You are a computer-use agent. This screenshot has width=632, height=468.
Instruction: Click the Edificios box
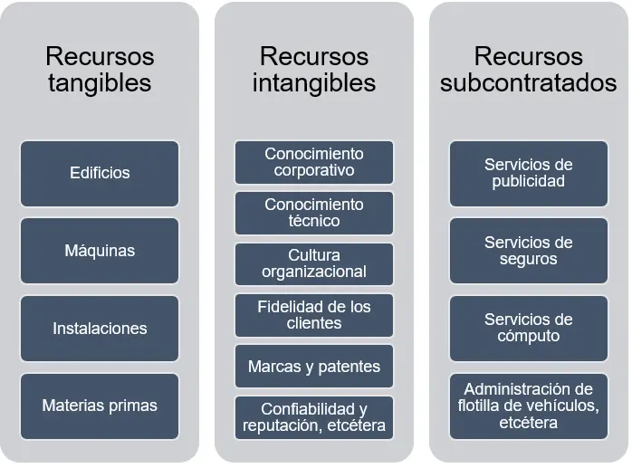point(100,172)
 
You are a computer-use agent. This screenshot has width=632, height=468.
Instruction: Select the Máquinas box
point(100,250)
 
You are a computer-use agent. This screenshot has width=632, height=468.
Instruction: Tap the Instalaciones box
point(100,328)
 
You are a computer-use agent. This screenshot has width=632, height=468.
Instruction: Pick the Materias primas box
point(100,406)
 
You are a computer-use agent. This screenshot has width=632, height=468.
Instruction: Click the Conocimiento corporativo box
point(314,162)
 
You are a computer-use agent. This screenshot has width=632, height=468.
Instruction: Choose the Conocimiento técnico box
point(314,213)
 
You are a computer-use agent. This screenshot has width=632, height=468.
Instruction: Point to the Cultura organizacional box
point(314,263)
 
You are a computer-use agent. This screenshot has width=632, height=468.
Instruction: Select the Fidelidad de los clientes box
point(314,315)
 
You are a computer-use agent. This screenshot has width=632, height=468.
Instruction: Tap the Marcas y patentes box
point(314,367)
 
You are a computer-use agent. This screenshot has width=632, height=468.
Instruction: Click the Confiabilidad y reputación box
point(314,417)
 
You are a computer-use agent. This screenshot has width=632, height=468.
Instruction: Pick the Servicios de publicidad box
point(529,172)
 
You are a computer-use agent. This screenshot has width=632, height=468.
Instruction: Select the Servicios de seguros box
point(529,250)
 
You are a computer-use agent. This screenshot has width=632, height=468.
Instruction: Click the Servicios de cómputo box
point(529,328)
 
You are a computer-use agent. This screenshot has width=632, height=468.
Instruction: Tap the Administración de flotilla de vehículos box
point(529,406)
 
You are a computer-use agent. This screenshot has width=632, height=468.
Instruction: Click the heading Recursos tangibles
point(100,70)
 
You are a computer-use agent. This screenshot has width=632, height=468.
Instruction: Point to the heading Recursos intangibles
point(314,70)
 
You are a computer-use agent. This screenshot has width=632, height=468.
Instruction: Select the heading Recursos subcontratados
point(529,70)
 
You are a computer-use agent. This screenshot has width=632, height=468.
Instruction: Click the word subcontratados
point(529,83)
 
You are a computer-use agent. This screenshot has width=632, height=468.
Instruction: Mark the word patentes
point(347,367)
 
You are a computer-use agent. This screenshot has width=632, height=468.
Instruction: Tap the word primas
point(133,406)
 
